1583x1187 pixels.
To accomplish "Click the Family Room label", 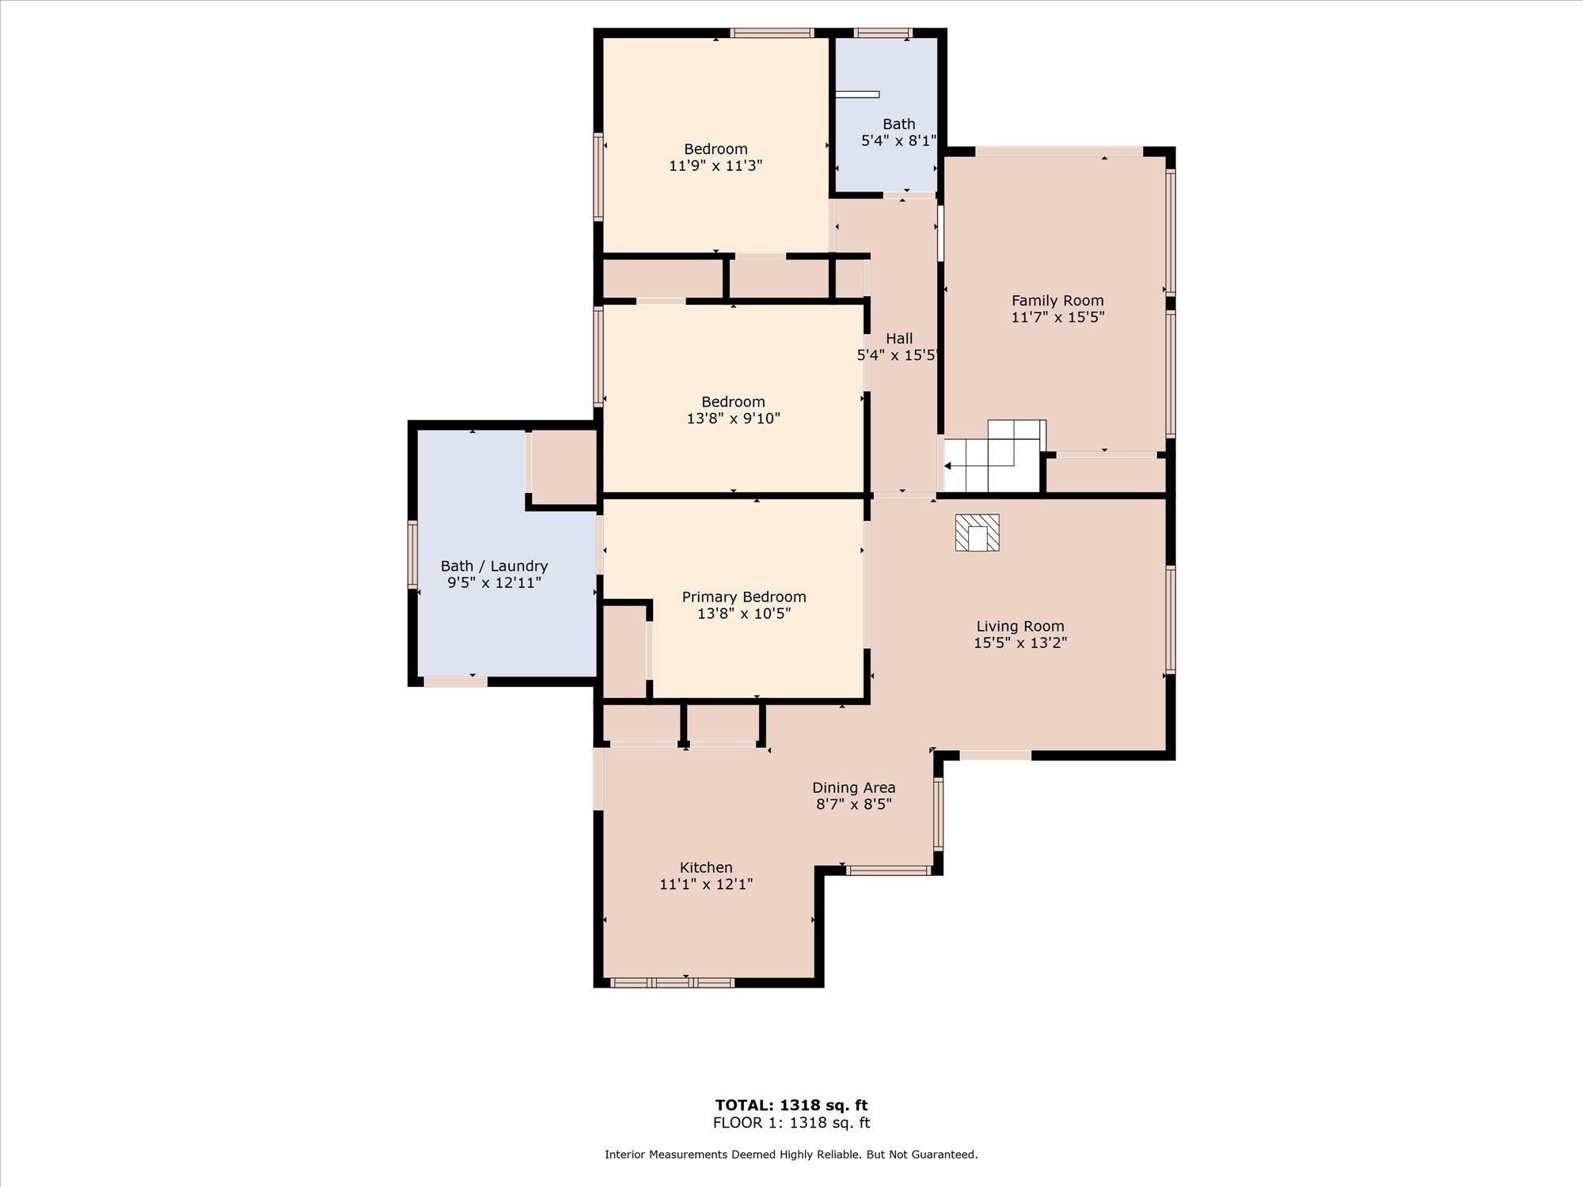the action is pos(1057,301).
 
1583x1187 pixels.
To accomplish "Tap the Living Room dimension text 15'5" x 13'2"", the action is pos(1020,643).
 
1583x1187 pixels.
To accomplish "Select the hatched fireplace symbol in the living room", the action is pos(977,533).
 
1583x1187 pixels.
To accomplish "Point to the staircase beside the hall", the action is pos(993,456).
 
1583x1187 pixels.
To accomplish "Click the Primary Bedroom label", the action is pos(744,597).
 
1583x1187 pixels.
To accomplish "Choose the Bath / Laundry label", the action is pos(494,566).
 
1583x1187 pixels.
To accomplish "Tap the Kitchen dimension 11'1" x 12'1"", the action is pos(706,884).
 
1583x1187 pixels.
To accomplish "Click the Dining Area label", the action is pos(854,787).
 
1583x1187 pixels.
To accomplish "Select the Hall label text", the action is pos(899,339).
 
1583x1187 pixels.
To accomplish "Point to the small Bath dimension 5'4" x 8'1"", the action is pos(898,141).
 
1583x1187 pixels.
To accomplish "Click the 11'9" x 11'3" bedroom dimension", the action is pos(716,166).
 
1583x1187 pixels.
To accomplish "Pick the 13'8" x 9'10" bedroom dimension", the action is pos(734,419).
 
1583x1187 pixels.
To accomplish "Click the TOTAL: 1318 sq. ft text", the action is pos(791,1105).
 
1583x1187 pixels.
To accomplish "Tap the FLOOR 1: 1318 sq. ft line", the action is pos(791,1123).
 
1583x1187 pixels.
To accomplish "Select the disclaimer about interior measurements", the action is pos(791,1155).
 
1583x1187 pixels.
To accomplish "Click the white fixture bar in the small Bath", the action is pos(857,95).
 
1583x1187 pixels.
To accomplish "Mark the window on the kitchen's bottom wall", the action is pos(673,983).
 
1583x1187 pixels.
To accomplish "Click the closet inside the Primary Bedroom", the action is pos(624,652).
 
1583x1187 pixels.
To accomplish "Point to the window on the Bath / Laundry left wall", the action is pos(412,554).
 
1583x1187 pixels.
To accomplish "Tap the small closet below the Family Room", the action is pos(1106,474).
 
